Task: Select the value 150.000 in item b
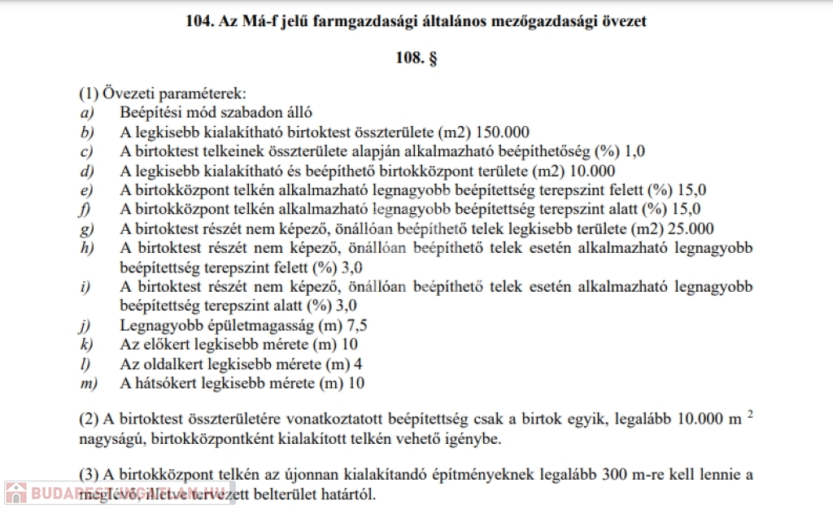(x=502, y=133)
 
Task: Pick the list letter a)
(x=86, y=113)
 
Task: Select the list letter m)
(x=88, y=383)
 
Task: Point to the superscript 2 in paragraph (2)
(x=749, y=414)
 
